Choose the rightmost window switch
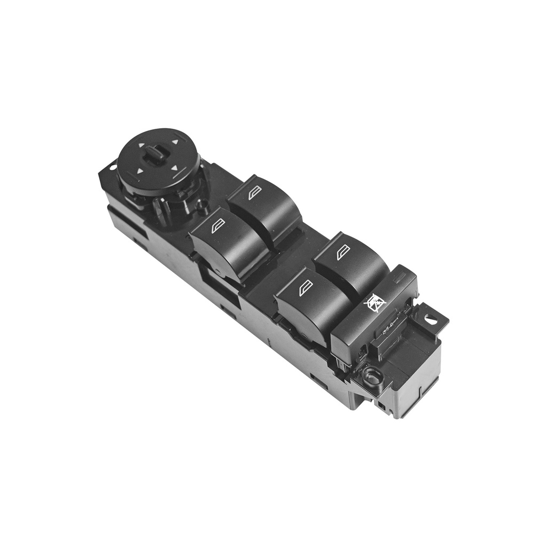(350, 264)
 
